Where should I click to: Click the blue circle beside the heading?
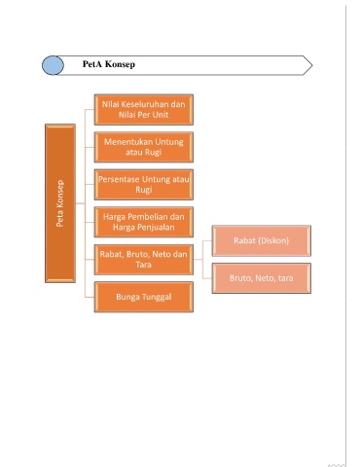(53, 65)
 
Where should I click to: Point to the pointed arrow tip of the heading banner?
(312, 65)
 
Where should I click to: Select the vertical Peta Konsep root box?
(60, 203)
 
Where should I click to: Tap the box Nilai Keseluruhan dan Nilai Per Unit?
(144, 110)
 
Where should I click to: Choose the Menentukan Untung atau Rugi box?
(144, 147)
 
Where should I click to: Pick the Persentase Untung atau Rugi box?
(144, 185)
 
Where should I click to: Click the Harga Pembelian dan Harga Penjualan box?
(144, 222)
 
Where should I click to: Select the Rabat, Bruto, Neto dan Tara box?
(144, 260)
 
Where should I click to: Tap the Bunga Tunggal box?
(144, 297)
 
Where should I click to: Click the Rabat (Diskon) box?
(262, 240)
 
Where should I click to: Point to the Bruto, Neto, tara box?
(262, 278)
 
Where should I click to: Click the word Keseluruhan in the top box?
(144, 104)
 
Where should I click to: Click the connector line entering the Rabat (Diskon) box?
(207, 241)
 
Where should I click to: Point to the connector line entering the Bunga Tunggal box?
(90, 297)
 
